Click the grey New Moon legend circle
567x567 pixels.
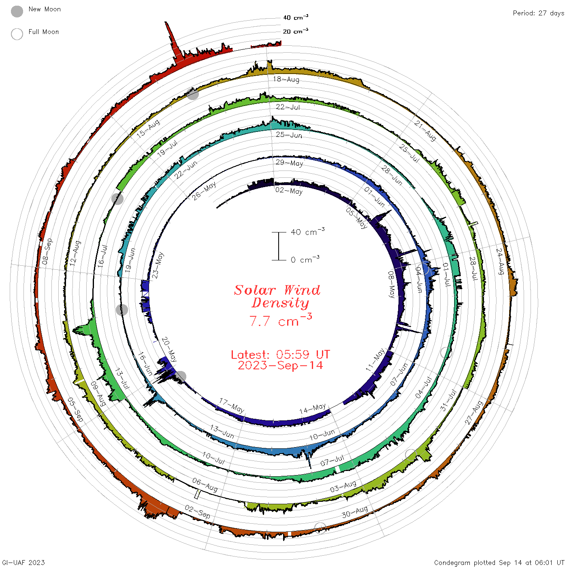[17, 11]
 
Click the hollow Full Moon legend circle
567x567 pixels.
[17, 34]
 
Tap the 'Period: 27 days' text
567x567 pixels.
[538, 13]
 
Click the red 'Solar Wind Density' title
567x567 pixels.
[277, 296]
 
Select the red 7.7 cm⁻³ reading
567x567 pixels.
[280, 320]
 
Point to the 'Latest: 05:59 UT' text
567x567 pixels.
[280, 354]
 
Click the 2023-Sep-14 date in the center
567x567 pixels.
[280, 365]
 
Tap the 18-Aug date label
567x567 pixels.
[286, 79]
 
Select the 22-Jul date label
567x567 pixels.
[288, 107]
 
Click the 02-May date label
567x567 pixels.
[289, 191]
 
